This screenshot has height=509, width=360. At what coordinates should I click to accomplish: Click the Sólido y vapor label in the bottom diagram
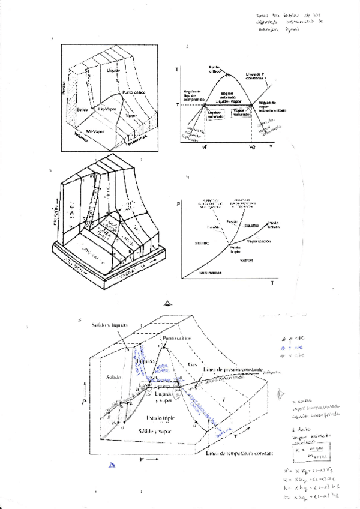tap(155, 431)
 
